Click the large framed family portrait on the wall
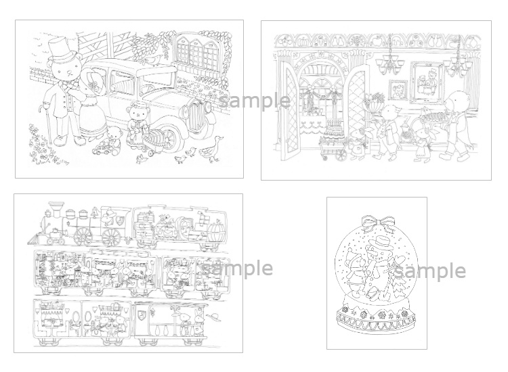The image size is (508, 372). pyautogui.click(x=427, y=77)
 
